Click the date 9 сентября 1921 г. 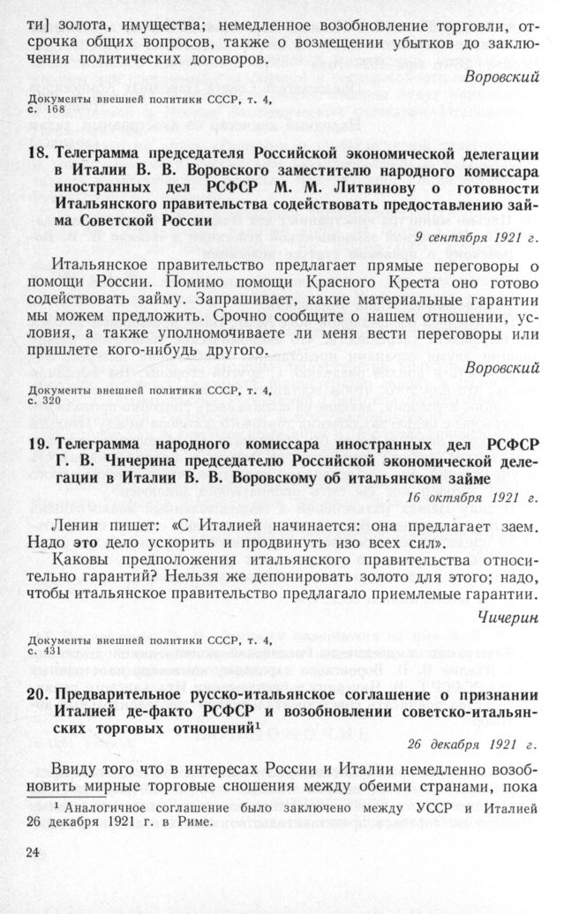point(476,239)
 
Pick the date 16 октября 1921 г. point(476,498)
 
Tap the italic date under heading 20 point(477,744)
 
